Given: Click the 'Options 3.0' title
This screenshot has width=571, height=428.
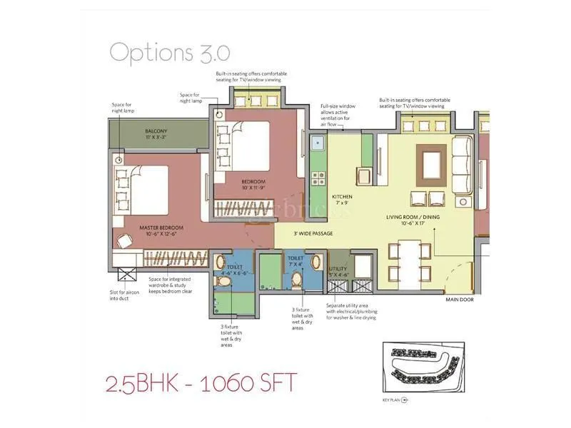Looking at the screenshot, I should [169, 52].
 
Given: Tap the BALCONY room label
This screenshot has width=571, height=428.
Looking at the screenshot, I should [156, 134].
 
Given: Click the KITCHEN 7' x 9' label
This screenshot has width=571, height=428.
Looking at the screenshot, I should [342, 199].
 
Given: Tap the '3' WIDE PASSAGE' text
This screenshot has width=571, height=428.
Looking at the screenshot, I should [313, 233].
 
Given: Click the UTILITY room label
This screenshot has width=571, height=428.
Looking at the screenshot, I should [338, 272].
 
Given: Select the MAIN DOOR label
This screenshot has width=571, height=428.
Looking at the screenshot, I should [461, 300].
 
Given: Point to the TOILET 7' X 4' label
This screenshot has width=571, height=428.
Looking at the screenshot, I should [295, 262].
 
